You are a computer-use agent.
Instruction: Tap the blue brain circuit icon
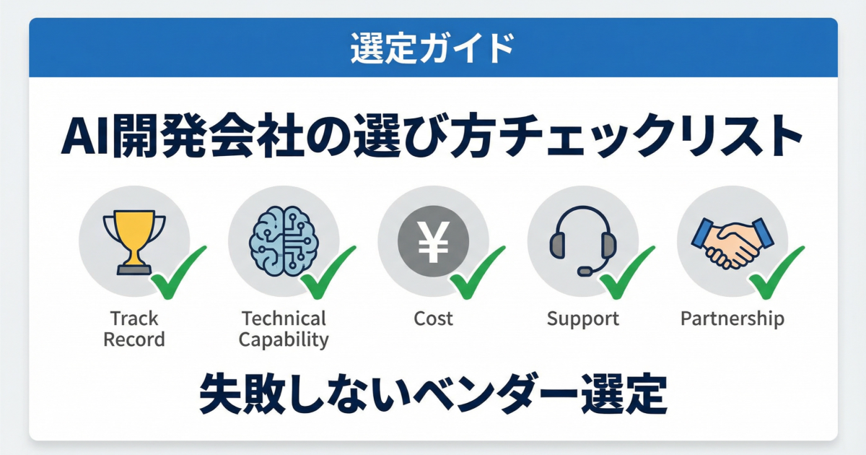coord(283,240)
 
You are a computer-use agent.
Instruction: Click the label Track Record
coord(134,329)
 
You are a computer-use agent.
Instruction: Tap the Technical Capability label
coord(284,329)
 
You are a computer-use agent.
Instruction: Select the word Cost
coord(433,318)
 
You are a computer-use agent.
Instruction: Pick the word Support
coord(583,318)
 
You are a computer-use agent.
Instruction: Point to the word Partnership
coord(732,318)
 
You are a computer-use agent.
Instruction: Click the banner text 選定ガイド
coord(433,48)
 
